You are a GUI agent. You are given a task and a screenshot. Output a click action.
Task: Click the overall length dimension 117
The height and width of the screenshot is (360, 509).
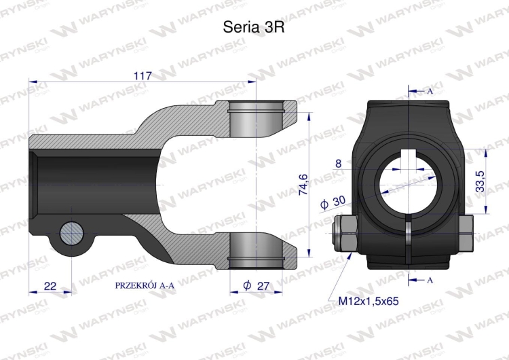point(142,76)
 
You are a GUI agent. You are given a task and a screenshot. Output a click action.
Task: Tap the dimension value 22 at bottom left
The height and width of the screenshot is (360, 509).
point(50,285)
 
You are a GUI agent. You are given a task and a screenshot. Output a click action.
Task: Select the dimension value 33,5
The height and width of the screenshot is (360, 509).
point(480,182)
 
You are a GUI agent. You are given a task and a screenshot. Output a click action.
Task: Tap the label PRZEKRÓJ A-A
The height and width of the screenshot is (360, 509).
point(145,286)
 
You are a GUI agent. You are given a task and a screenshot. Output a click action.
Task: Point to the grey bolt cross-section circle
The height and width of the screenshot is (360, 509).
point(71,234)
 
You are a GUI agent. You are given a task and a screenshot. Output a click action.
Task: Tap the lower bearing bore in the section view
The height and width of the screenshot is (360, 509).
point(255,249)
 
